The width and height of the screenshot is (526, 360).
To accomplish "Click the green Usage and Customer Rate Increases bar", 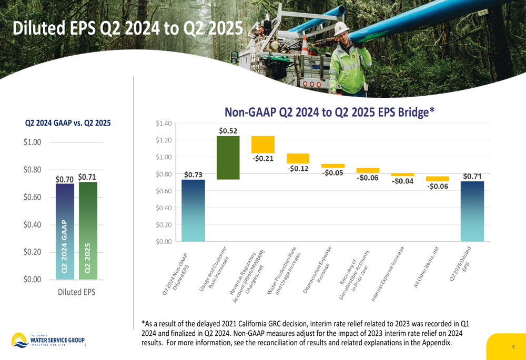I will click(228, 158).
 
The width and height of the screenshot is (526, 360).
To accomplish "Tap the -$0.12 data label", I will click(298, 169).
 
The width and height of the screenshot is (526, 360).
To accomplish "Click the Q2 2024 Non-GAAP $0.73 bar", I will click(194, 210).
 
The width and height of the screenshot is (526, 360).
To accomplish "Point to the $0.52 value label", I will click(228, 130).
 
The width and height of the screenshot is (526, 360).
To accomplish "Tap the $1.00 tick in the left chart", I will click(32, 142).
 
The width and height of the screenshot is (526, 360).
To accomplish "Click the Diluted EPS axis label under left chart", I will click(77, 292).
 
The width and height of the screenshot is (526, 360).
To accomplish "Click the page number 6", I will click(513, 347).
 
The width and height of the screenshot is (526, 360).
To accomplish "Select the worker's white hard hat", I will click(340, 29).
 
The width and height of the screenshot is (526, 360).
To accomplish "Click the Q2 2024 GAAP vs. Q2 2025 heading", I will click(68, 124).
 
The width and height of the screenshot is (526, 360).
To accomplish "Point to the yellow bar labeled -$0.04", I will click(402, 174).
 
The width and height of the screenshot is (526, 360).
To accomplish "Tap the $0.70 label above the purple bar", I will click(64, 179).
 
